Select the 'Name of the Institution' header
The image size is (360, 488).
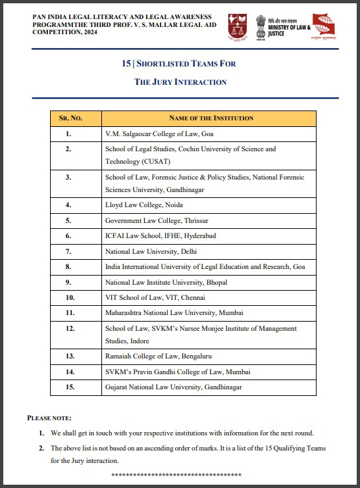(211, 118)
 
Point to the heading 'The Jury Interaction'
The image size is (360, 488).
(180, 82)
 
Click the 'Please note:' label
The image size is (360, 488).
(49, 418)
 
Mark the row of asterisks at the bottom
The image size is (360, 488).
(176, 474)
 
